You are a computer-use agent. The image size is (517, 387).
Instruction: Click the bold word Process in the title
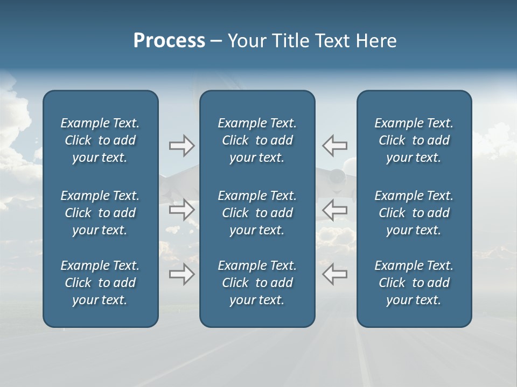[x=169, y=41]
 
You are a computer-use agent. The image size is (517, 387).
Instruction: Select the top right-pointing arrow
[x=182, y=145]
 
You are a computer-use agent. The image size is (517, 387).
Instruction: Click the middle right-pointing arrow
[x=182, y=210]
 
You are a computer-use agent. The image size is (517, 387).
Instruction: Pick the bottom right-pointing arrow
[x=182, y=274]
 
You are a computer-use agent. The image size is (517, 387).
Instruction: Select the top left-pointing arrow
[x=334, y=145]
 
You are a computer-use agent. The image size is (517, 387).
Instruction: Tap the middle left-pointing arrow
[x=334, y=210]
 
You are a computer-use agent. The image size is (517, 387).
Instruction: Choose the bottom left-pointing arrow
[x=334, y=274]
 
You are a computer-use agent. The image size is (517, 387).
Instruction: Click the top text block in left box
[x=100, y=140]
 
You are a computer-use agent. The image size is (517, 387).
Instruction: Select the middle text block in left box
[x=100, y=213]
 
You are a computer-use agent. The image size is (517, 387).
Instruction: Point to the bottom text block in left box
[x=100, y=283]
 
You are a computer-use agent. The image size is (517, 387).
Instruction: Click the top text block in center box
[x=257, y=140]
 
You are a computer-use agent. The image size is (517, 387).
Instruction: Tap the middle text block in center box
[x=257, y=213]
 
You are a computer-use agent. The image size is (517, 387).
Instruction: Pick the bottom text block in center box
[x=257, y=283]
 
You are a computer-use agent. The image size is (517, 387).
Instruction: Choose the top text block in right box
[x=414, y=140]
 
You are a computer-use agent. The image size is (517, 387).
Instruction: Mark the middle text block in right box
[x=414, y=213]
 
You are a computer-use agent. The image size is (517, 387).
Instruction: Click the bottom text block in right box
[x=414, y=283]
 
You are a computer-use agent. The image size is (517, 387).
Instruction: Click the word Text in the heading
[x=332, y=41]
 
